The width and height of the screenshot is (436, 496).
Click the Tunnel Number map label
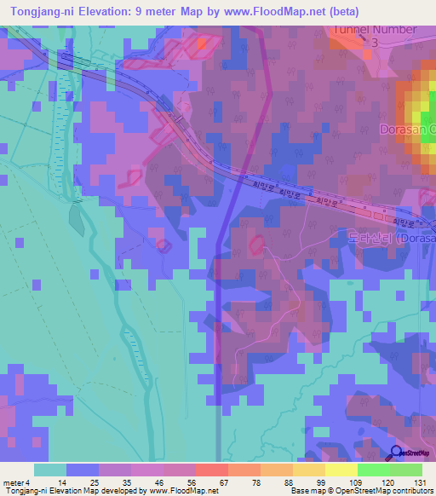point(375,29)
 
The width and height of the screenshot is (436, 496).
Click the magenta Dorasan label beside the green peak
point(407,130)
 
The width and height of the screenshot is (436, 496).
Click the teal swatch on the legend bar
point(49,470)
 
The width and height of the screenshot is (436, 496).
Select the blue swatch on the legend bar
point(82,470)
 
